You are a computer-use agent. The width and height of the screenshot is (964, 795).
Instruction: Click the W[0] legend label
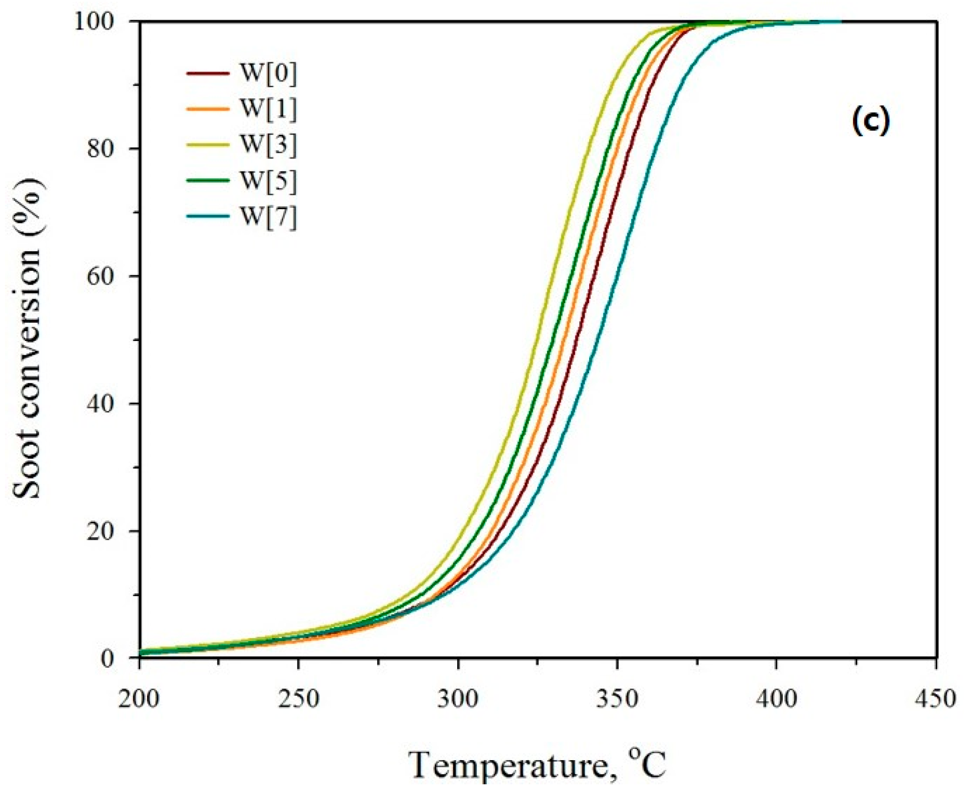[268, 73]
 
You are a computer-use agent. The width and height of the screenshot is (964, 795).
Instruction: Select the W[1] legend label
[268, 109]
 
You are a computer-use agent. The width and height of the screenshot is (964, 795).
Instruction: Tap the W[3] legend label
[268, 145]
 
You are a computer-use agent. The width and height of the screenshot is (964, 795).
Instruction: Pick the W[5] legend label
[268, 181]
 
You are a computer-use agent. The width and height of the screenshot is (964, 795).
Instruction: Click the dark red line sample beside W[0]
[207, 73]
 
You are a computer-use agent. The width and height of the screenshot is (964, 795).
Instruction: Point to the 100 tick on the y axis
[103, 22]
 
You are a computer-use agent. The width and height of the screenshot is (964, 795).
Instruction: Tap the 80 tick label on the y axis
[109, 149]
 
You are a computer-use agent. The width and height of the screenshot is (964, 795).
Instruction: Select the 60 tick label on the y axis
[109, 277]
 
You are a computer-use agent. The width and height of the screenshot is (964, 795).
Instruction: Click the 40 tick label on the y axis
[109, 404]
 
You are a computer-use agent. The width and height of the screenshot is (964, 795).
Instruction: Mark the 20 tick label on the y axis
[109, 531]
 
